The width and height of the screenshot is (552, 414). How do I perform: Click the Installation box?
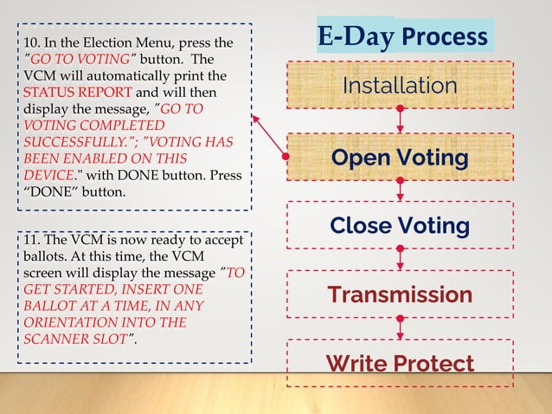point(399,86)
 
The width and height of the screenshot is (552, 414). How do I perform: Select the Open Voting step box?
point(399,158)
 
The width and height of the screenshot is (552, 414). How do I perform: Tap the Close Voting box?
point(399,225)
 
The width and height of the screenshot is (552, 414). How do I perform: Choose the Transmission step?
point(399,294)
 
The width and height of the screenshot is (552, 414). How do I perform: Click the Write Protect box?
point(399,363)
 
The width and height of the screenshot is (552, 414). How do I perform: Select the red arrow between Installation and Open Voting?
point(400,120)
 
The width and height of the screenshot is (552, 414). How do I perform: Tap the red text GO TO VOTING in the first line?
point(73,59)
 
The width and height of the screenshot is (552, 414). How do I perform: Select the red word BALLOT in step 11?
point(41,305)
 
